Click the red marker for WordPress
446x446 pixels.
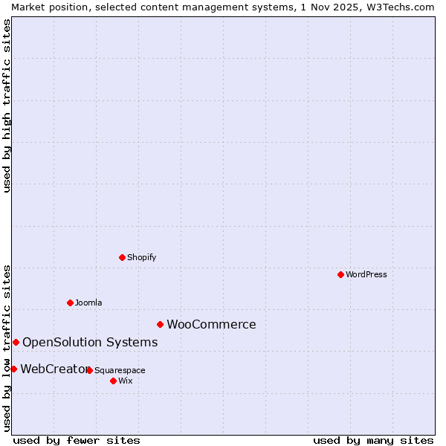tap(340, 274)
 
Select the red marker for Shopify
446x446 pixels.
tap(122, 257)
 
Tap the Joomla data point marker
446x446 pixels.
tap(70, 303)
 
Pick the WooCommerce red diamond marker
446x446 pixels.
tap(160, 324)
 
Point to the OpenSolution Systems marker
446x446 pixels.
tap(16, 342)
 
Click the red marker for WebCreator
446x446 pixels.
tap(13, 369)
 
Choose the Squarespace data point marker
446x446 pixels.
tap(89, 370)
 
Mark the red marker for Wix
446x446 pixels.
tap(113, 381)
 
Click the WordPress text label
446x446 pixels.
tap(366, 274)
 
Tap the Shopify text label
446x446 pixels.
tap(142, 257)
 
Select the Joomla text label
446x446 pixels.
tap(88, 303)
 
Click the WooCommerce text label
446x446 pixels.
tap(211, 324)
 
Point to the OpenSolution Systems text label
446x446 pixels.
tap(90, 342)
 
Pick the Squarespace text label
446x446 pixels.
tap(120, 370)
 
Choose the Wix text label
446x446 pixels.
tap(126, 381)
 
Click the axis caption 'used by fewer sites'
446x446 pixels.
tap(77, 440)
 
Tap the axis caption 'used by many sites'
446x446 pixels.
tap(373, 440)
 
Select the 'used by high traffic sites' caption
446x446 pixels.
tap(7, 106)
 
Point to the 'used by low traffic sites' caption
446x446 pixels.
tap(7, 348)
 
